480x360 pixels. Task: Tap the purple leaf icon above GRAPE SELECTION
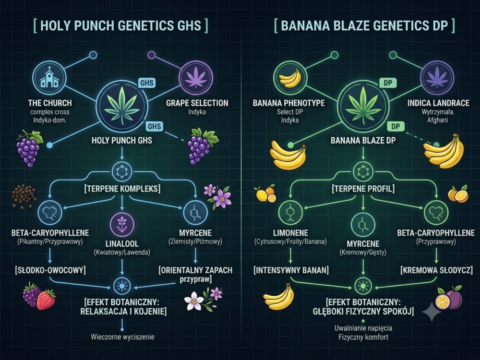pos(196,77)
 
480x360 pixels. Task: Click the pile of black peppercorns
pos(24,196)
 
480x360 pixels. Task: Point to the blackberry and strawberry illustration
pos(39,296)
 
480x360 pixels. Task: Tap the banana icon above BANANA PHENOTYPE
pos(289,77)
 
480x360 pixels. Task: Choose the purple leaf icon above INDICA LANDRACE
pos(437,77)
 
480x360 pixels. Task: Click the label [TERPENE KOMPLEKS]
pos(122,189)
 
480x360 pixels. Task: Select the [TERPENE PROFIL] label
pos(363,189)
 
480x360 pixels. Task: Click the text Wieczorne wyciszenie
pos(122,337)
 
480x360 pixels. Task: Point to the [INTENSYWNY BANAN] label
pos(291,270)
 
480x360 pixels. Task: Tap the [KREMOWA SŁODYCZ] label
pos(436,270)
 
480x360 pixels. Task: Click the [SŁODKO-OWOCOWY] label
pos(50,270)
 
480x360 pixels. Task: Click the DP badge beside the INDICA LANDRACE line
pos(388,83)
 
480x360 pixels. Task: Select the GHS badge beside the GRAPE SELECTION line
pos(146,83)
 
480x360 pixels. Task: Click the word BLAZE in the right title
pos(348,25)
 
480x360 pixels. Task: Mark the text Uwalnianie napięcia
pos(363,328)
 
